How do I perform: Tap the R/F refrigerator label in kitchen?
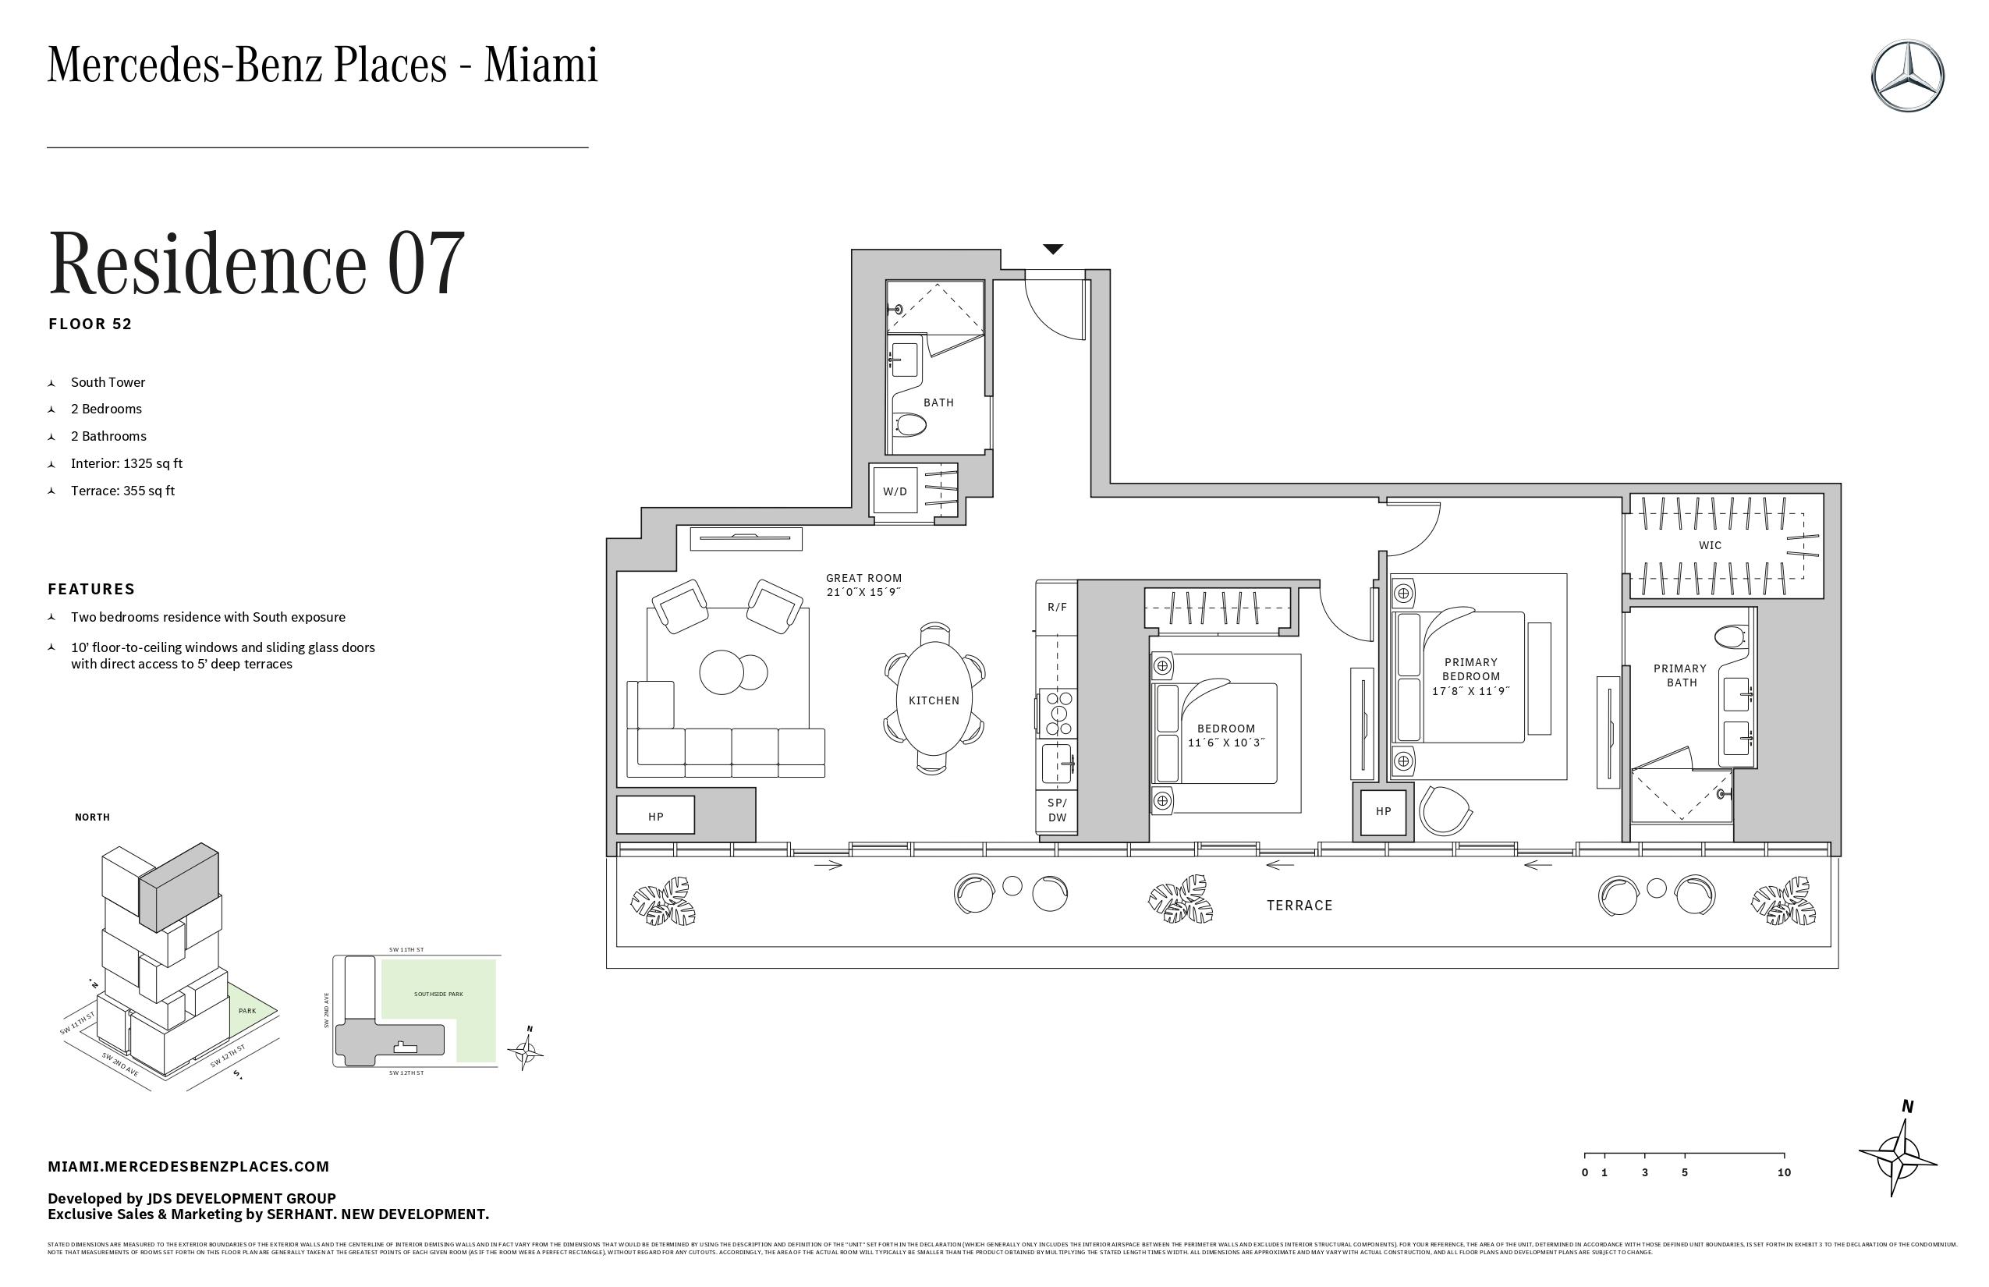[x=1057, y=607]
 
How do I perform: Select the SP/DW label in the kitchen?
[x=1057, y=810]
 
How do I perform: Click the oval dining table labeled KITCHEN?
[x=934, y=700]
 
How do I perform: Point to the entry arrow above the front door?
[x=1053, y=249]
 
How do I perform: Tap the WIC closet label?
[x=1710, y=545]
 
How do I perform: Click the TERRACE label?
[x=1299, y=905]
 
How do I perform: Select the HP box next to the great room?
[x=655, y=816]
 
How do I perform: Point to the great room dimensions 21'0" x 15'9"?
[x=863, y=592]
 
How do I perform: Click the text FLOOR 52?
[x=90, y=324]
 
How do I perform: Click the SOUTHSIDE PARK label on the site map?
[x=438, y=994]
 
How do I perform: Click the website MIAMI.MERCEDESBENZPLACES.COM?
[x=188, y=1166]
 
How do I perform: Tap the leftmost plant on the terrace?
[x=663, y=902]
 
